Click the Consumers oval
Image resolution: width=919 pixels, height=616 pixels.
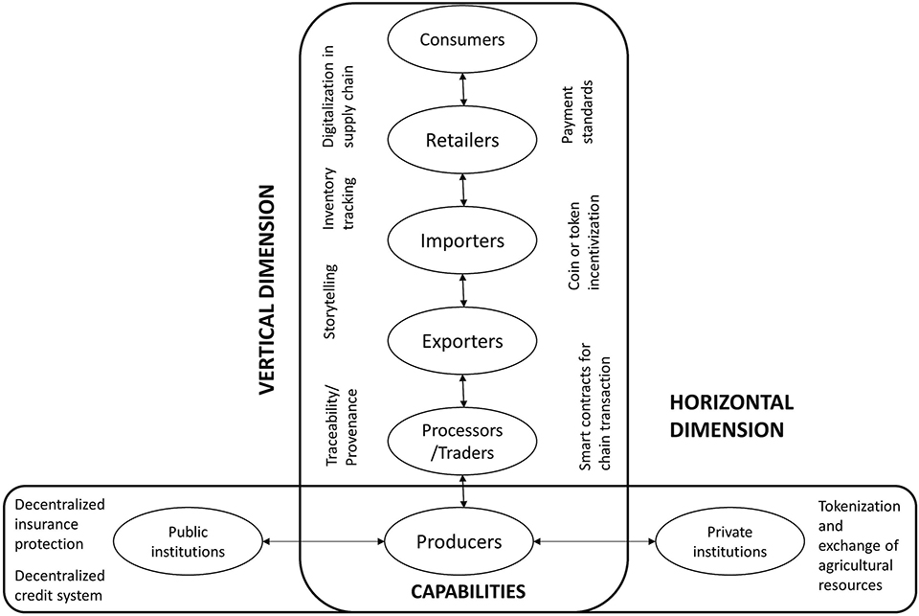click(x=463, y=40)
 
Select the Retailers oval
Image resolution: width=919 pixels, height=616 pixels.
click(x=463, y=140)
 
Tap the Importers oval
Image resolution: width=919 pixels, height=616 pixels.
click(x=463, y=240)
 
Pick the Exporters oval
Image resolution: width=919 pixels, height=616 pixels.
click(x=463, y=341)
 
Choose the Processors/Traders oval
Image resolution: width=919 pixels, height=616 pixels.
click(x=463, y=440)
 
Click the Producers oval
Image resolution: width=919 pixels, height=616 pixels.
click(x=459, y=542)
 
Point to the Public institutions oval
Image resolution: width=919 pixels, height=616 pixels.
click(x=189, y=542)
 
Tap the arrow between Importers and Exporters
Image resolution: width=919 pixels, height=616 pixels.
click(x=463, y=291)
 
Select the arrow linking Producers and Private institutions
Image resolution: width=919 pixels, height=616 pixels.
click(x=594, y=543)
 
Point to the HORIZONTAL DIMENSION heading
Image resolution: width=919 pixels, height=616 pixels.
click(x=724, y=418)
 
